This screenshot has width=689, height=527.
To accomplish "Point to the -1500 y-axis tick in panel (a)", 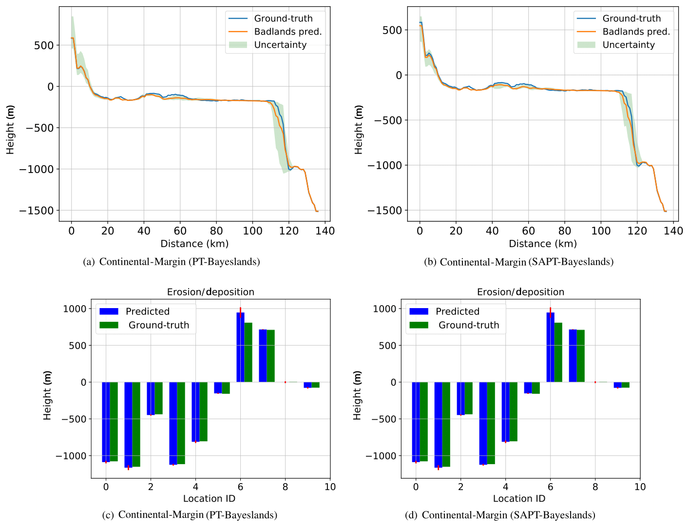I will click(x=39, y=211).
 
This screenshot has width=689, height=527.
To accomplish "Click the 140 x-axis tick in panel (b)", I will click(x=673, y=231).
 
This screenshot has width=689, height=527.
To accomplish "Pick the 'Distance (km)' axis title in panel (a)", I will click(x=194, y=244).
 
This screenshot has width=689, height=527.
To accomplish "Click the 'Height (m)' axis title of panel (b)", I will click(x=359, y=130).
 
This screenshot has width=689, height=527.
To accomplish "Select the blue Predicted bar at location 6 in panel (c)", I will click(x=240, y=347).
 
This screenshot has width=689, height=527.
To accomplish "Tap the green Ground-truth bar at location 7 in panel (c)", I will click(x=271, y=356).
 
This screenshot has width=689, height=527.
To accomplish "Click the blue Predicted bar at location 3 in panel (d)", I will click(x=483, y=423).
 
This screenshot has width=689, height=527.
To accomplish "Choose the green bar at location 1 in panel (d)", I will click(x=446, y=424).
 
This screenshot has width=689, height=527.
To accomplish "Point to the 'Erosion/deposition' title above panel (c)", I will click(x=211, y=292).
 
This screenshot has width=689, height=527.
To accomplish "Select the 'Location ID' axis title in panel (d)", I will click(x=519, y=498).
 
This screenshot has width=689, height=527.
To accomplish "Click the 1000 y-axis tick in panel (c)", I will click(x=74, y=309).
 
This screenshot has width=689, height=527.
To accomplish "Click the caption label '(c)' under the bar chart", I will click(x=108, y=515).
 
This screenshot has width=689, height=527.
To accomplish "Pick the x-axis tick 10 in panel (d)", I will click(x=640, y=487).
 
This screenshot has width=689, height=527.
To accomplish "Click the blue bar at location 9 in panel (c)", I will click(x=307, y=385).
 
